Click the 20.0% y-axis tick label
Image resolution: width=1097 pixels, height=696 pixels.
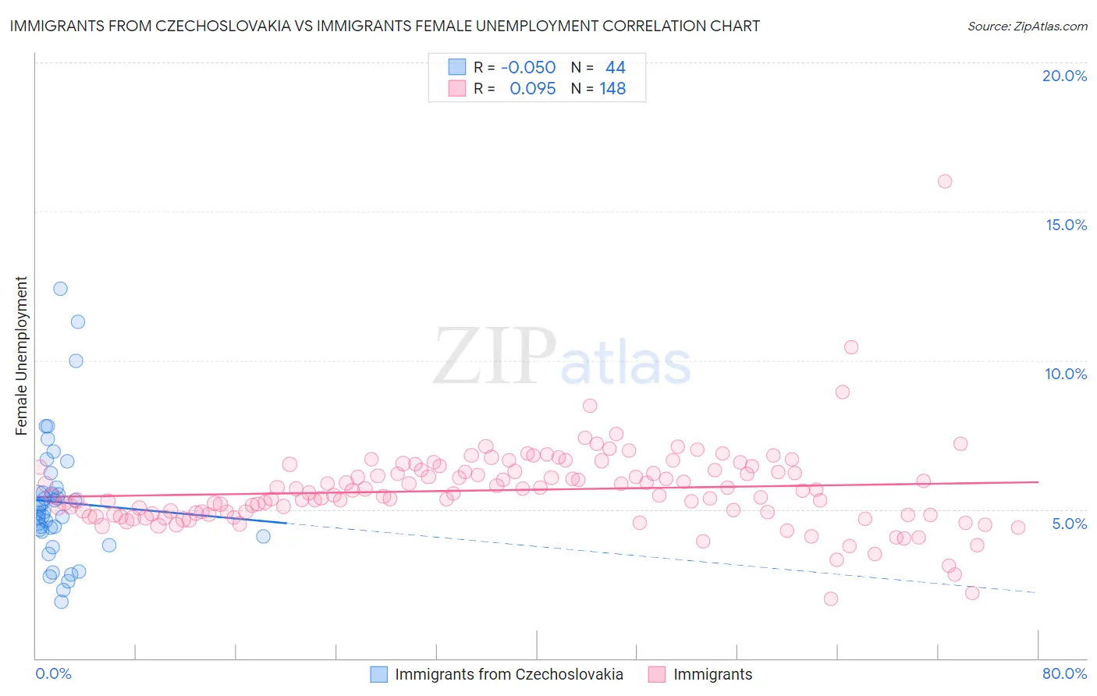click(x=1064, y=76)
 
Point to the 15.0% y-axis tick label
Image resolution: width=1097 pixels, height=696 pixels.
click(x=1066, y=225)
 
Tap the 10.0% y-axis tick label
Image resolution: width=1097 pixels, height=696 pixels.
click(x=1066, y=374)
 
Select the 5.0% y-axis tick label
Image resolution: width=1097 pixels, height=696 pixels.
click(x=1069, y=524)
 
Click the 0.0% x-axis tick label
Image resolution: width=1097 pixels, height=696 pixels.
click(x=53, y=673)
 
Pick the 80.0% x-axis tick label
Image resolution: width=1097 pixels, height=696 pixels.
click(x=1064, y=673)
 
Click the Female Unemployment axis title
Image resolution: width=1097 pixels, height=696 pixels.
click(x=21, y=355)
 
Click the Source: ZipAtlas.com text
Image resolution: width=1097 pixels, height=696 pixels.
click(x=1027, y=26)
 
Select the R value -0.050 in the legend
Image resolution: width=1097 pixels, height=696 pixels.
click(x=528, y=67)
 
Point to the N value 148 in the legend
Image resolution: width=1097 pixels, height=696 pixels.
click(x=612, y=88)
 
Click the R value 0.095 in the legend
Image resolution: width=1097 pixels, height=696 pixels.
click(x=532, y=88)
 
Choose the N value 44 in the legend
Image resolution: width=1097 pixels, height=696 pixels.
click(x=616, y=67)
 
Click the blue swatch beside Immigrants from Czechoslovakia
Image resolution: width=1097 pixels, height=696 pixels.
click(x=378, y=674)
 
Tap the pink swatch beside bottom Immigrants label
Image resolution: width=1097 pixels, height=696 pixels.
click(x=656, y=674)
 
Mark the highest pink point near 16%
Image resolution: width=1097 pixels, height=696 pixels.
click(x=945, y=181)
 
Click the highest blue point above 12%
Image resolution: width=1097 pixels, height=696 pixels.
click(x=60, y=289)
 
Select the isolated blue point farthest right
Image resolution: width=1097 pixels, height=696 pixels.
click(x=264, y=536)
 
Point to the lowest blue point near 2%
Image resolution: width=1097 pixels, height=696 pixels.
click(x=62, y=602)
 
